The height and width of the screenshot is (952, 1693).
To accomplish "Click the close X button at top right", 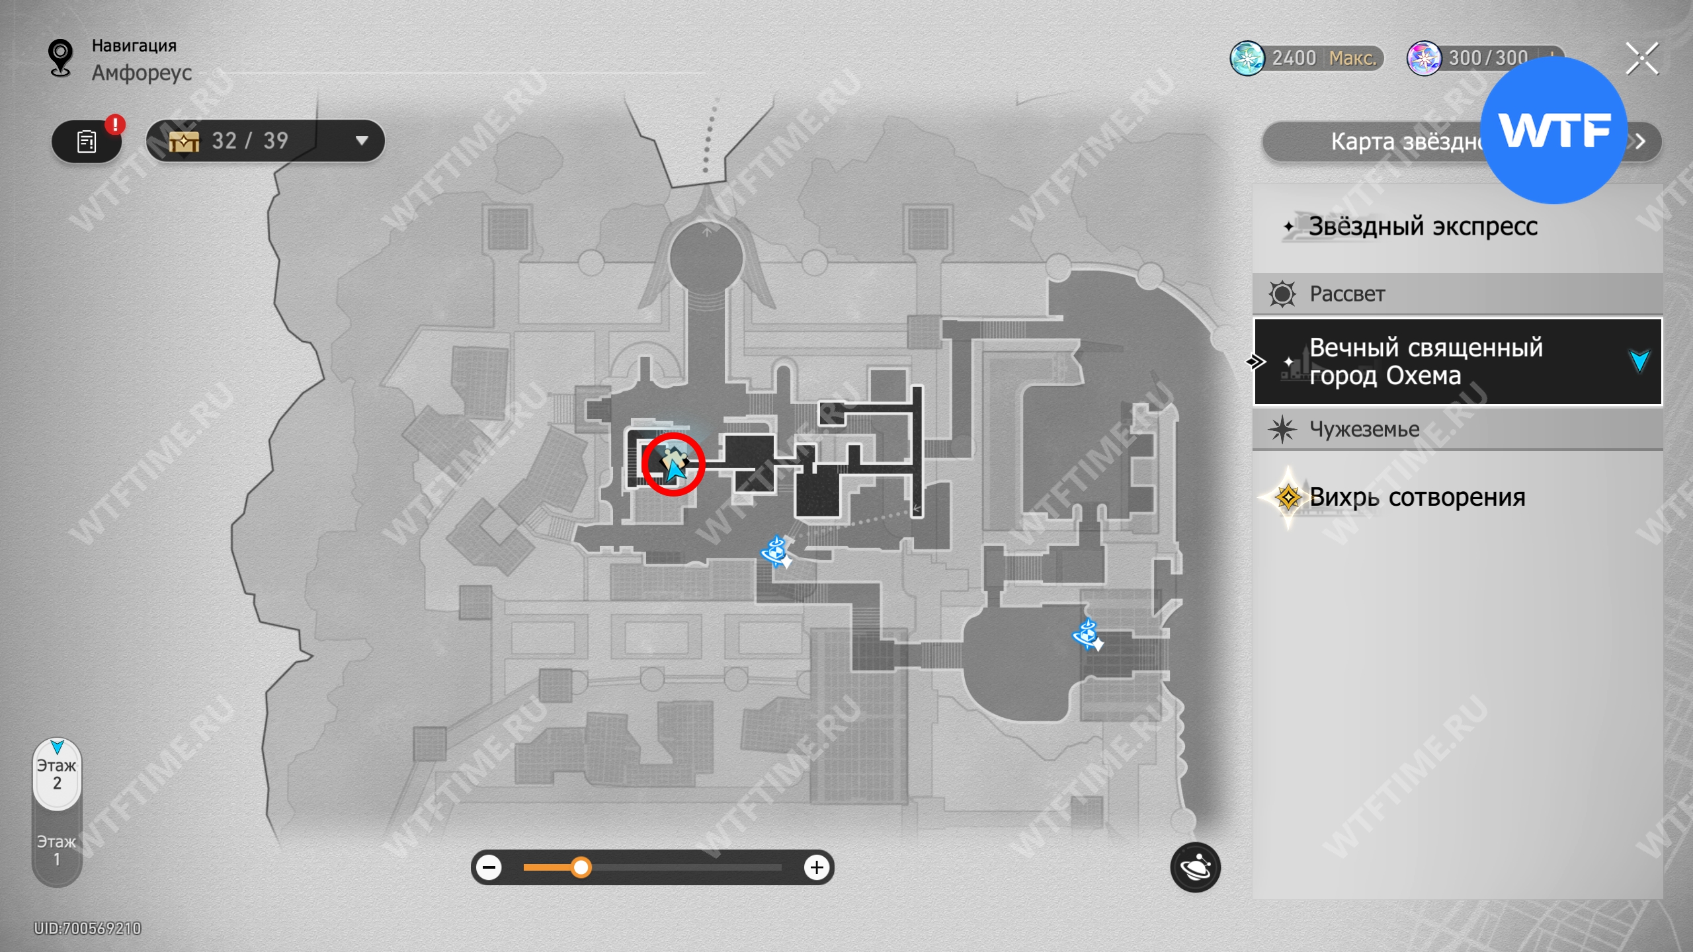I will point(1642,59).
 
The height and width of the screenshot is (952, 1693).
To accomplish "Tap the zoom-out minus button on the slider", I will point(489,867).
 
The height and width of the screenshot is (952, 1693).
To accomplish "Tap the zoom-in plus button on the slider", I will point(817,867).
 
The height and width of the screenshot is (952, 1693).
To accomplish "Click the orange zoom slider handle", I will point(581,867).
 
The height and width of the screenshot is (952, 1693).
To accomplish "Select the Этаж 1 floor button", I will point(57,850).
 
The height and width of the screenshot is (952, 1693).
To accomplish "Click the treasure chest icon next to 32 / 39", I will point(184,141).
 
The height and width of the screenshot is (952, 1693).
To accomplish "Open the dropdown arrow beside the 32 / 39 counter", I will point(361,141).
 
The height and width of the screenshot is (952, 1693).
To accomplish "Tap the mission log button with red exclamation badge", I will point(87,141).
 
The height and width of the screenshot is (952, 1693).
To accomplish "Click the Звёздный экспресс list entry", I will point(1422,227).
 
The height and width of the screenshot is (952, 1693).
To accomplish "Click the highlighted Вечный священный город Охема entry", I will point(1455,362).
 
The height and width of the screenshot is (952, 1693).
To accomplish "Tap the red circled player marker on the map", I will point(673,464).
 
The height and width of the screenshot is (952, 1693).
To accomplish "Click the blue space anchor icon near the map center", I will point(776,551).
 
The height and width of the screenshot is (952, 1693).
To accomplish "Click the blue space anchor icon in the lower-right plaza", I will point(1087,635).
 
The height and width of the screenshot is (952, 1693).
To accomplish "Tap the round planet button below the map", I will point(1195,867).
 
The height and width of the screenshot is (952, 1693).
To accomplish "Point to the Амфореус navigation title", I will point(142,73).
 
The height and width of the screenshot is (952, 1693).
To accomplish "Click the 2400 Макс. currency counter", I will point(1306,58).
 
